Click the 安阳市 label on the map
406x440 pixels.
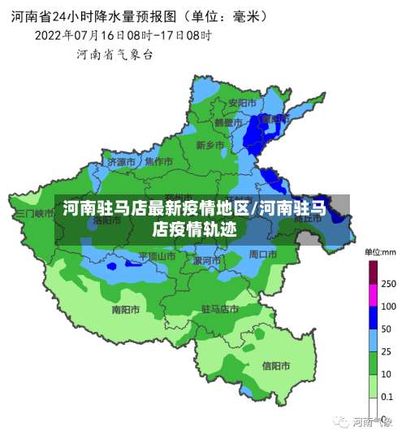(x=243, y=103)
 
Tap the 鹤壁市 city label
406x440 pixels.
(x=228, y=122)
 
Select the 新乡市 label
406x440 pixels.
(x=209, y=145)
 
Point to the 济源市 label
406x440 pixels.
(x=122, y=162)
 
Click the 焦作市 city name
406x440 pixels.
(x=158, y=161)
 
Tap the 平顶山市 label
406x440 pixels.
(x=157, y=255)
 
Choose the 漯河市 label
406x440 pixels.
(x=206, y=260)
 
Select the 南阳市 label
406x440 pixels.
(x=126, y=309)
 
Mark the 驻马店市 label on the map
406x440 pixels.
(x=219, y=309)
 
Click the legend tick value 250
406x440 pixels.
(x=388, y=284)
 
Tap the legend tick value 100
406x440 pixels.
(x=388, y=307)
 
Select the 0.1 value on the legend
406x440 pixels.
(x=388, y=396)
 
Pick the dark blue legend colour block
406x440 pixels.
(x=374, y=318)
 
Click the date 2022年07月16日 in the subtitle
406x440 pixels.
(x=79, y=35)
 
